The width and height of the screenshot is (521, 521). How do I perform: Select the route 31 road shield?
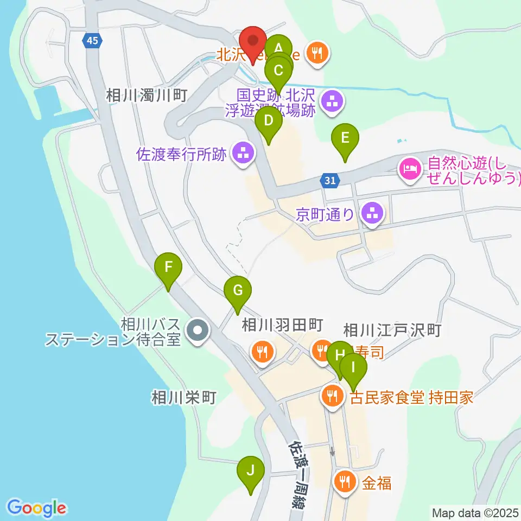click(x=331, y=181)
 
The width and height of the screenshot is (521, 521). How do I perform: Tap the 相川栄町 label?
click(x=184, y=397)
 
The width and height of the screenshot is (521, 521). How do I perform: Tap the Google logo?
click(x=37, y=508)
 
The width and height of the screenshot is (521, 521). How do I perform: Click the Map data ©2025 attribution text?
click(x=474, y=512)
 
